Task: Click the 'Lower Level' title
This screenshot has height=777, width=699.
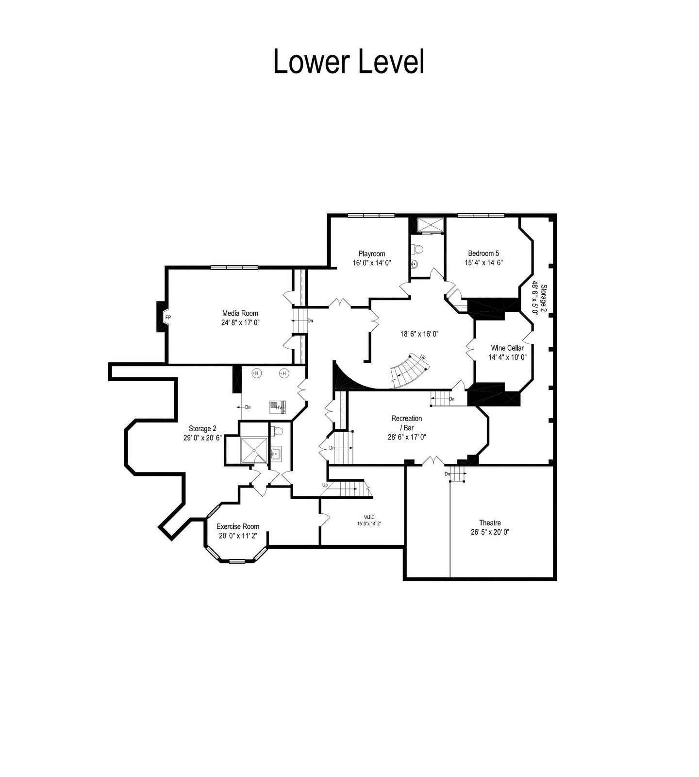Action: point(349,61)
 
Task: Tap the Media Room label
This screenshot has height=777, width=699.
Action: point(240,313)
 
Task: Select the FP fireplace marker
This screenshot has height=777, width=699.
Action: point(168,318)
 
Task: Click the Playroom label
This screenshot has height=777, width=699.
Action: point(372,253)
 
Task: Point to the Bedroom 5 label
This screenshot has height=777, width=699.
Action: point(483,253)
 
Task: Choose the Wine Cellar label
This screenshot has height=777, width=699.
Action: point(507,348)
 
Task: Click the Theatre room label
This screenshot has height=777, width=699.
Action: point(490,523)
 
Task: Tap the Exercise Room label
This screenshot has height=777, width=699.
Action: point(238,526)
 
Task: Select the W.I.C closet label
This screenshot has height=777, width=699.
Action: point(370,517)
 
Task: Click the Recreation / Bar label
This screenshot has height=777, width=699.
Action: point(407,423)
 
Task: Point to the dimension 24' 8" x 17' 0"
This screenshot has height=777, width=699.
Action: point(240,322)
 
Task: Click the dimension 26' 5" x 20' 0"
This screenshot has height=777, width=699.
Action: point(490,532)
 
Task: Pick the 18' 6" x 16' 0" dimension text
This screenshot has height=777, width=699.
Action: point(419,334)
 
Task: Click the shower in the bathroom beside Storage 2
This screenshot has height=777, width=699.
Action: point(254,450)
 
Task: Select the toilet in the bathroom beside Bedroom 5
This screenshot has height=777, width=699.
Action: point(417,249)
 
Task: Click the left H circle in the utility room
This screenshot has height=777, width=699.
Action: point(256,373)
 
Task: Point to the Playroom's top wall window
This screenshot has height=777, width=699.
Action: point(371,216)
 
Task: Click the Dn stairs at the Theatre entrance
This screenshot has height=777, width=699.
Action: point(457,473)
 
